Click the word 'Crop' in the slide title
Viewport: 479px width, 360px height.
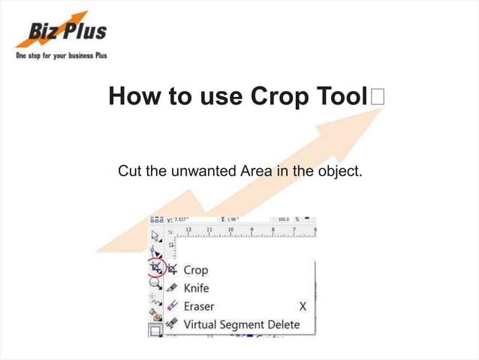click(282, 97)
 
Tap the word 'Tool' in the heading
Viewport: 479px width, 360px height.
click(342, 97)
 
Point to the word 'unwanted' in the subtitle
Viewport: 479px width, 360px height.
click(203, 173)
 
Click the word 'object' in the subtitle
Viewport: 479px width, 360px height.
click(338, 173)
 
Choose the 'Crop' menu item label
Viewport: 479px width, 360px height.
click(195, 270)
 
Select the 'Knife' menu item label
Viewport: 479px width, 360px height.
click(196, 288)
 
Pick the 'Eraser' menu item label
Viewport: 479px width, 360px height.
click(198, 307)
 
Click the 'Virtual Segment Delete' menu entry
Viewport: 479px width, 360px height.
click(241, 325)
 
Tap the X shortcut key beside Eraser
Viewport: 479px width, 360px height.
click(303, 307)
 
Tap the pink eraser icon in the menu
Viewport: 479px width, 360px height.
click(172, 307)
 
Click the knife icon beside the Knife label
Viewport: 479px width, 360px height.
click(172, 288)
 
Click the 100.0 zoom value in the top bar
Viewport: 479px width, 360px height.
click(283, 219)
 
